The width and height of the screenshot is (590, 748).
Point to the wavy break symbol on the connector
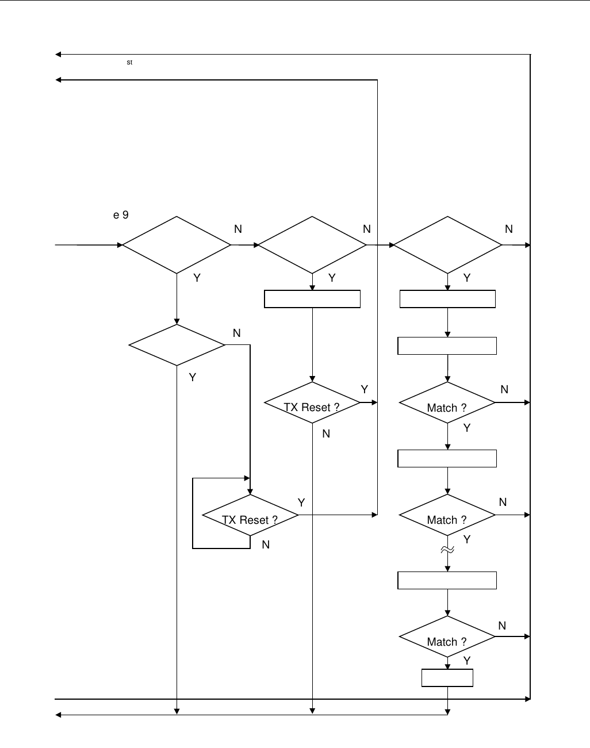(x=447, y=550)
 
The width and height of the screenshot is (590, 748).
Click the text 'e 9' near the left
(x=121, y=215)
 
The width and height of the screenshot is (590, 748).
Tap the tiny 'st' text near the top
(x=130, y=62)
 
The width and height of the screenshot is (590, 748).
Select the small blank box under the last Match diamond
(x=447, y=678)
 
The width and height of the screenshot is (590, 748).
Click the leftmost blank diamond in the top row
(x=177, y=245)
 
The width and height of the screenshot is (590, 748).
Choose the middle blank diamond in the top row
(x=312, y=245)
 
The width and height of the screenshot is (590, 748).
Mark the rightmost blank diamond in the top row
(x=447, y=245)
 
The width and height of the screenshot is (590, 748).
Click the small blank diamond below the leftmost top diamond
(x=177, y=345)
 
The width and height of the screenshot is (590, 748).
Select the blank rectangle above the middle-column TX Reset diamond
(x=312, y=299)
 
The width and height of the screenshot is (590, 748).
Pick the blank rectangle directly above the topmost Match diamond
(x=447, y=346)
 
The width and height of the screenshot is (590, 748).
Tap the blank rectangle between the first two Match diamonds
(x=447, y=459)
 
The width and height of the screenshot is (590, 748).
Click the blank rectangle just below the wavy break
(x=447, y=581)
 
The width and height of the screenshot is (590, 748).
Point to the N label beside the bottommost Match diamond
(x=502, y=626)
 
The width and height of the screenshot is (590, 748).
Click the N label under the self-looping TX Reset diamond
(x=266, y=544)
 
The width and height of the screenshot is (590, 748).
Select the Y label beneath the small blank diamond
(x=193, y=378)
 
